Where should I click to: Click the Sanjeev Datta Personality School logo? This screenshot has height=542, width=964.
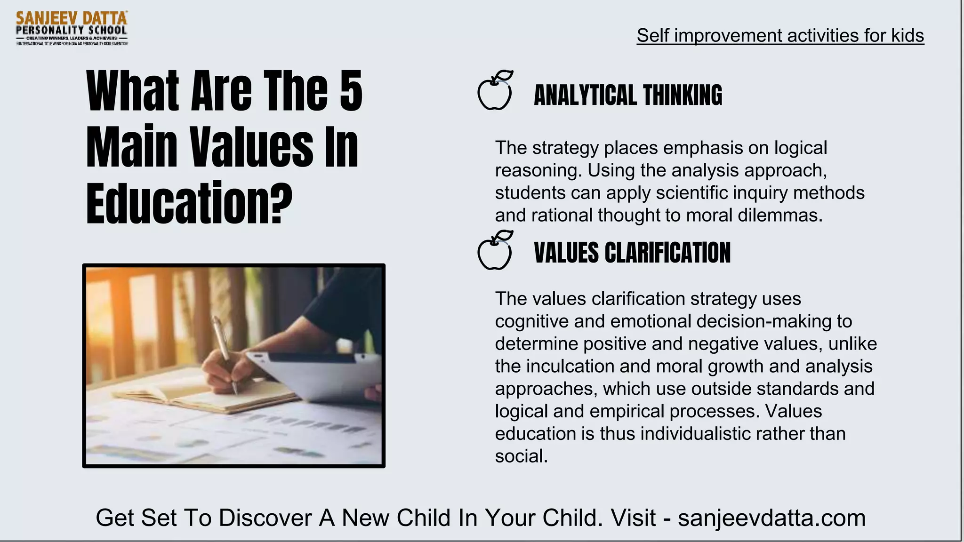coord(72,28)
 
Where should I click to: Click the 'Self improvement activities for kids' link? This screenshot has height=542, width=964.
coord(780,36)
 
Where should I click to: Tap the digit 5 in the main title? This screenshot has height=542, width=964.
coord(351,91)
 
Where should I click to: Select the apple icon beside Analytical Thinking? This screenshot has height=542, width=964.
coord(495,91)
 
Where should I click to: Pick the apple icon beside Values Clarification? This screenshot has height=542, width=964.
coord(495,251)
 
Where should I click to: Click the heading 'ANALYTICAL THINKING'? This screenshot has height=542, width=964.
coord(628,96)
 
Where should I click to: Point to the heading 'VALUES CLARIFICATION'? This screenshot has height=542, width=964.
coord(632,253)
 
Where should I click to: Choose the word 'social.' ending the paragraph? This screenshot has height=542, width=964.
coord(521,456)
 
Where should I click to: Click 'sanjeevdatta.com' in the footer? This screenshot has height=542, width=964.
coord(771,518)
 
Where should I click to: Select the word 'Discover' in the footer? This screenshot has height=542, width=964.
coord(265,518)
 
